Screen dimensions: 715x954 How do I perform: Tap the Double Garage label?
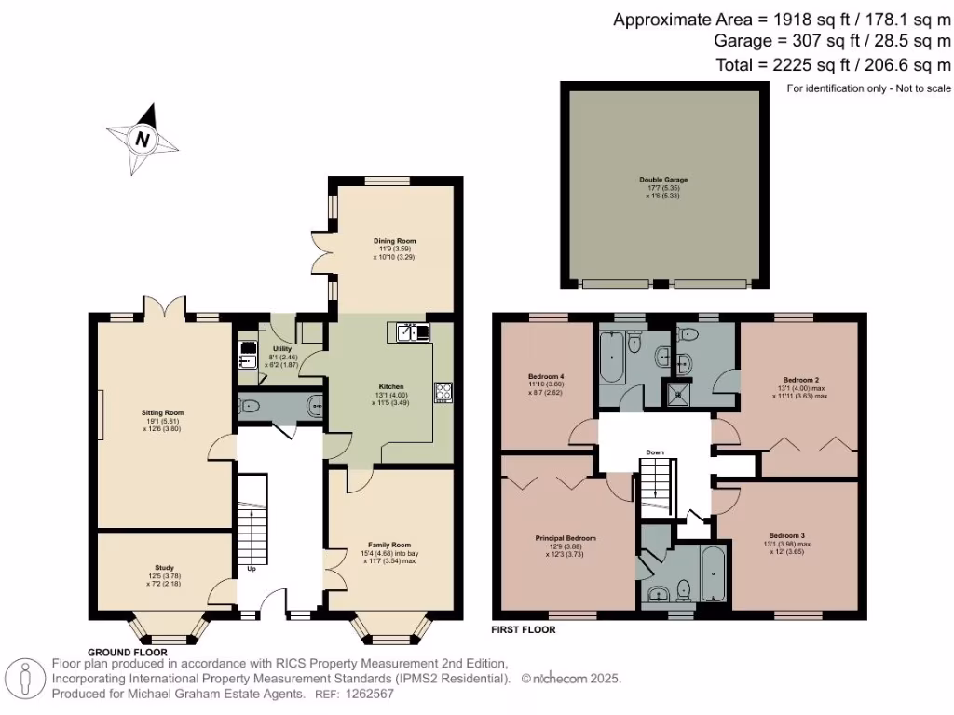click(663, 180)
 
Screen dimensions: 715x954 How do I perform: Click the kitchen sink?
click(411, 331)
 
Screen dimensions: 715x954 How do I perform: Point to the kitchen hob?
click(442, 393)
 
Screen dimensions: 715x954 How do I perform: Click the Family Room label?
click(388, 545)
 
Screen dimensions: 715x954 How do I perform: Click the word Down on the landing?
click(655, 453)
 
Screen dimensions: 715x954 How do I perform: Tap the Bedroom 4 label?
click(547, 376)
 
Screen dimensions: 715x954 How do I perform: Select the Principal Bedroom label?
click(566, 538)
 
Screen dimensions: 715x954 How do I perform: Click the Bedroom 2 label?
click(800, 380)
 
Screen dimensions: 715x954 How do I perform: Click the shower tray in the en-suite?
click(677, 395)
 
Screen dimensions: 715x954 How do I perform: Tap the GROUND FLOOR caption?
click(128, 652)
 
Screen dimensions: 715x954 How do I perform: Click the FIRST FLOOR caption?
click(524, 630)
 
